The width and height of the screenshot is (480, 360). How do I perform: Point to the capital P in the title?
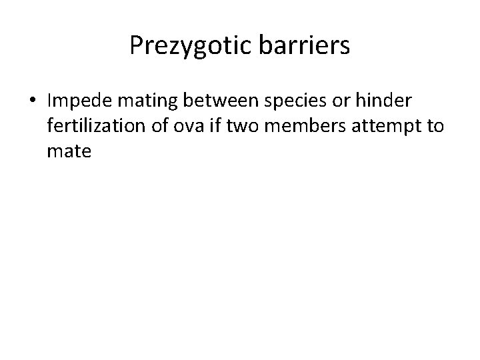tap(135, 45)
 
